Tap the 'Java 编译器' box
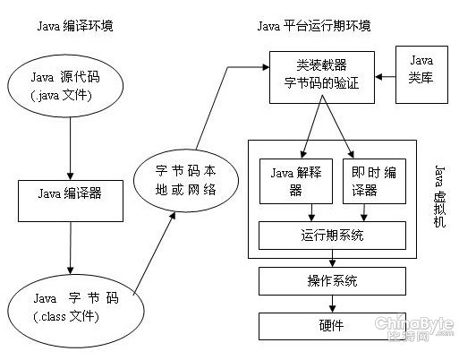[70, 192]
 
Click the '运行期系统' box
[332, 235]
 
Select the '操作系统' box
[332, 280]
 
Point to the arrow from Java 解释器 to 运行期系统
[310, 211]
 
